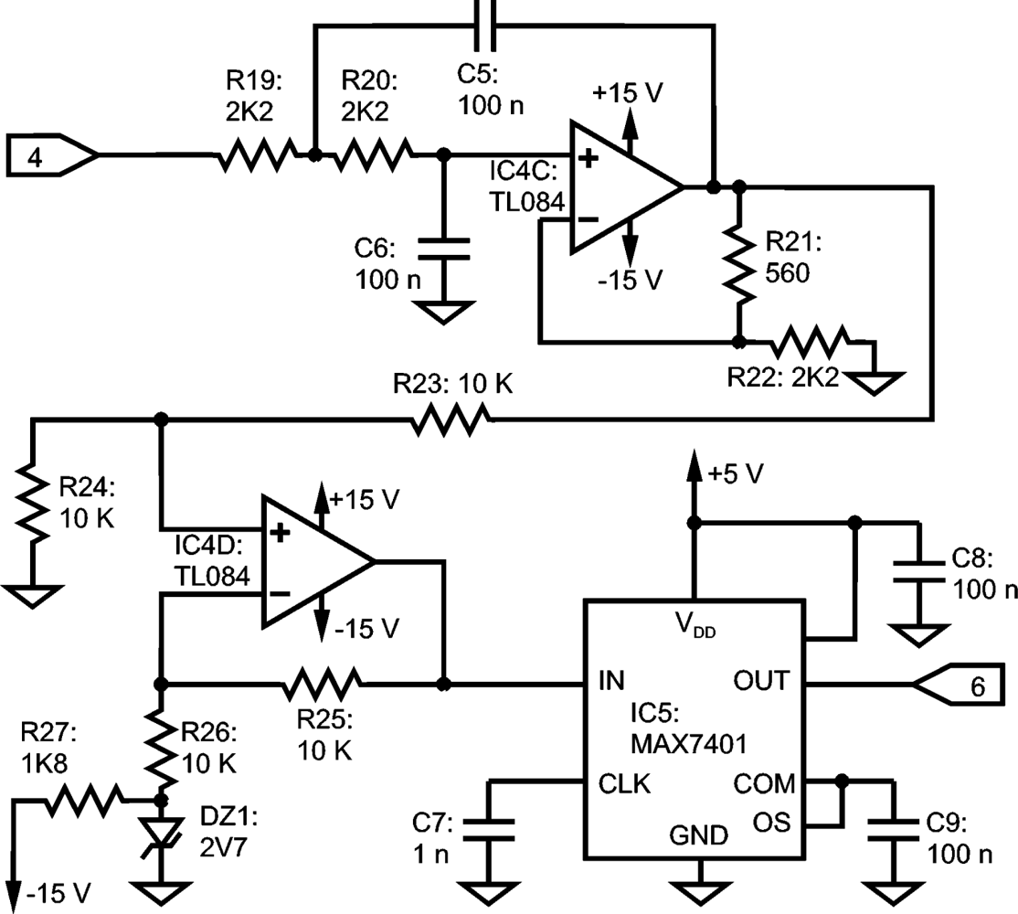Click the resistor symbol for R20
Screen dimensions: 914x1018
[x=375, y=156]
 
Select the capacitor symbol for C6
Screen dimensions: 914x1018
[x=444, y=250]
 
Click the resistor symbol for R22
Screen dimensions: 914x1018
[x=810, y=344]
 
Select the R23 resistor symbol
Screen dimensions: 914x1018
[x=451, y=420]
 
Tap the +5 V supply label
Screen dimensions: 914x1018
[x=736, y=473]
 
